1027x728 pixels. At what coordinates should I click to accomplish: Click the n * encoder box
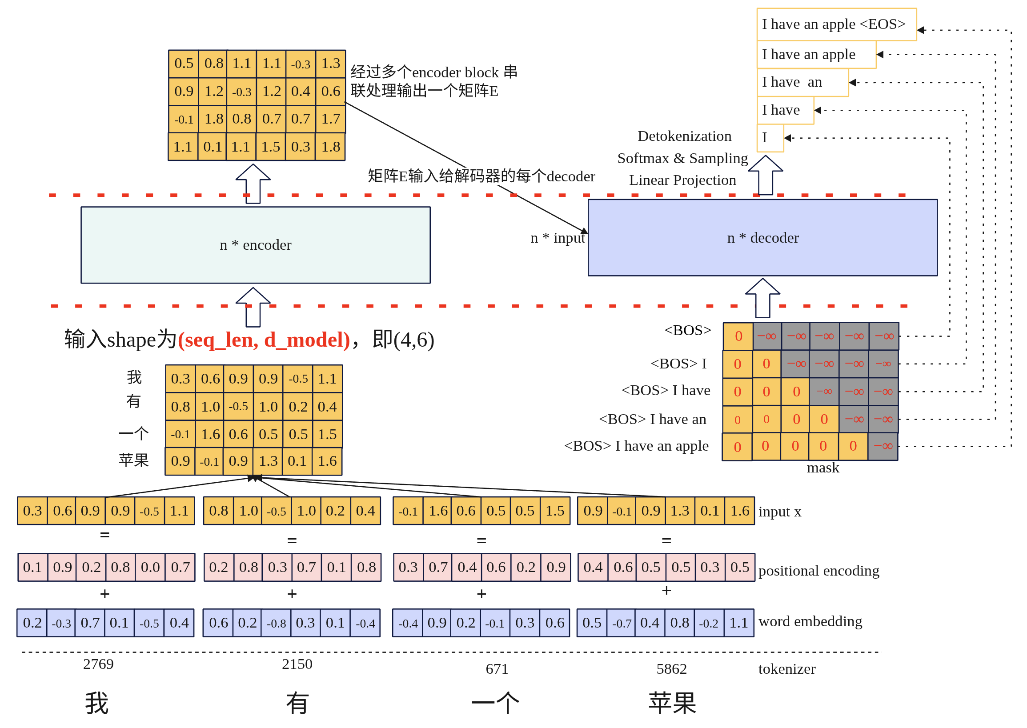[x=255, y=245]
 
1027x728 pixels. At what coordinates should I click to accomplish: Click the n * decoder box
[x=762, y=238]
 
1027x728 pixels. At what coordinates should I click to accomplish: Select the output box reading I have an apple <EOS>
[x=835, y=24]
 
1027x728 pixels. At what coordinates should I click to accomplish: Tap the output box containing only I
[x=769, y=138]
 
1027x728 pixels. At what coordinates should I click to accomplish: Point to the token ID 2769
[x=98, y=664]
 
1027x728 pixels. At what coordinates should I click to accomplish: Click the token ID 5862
[x=671, y=668]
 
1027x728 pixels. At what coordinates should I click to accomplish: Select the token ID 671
[x=497, y=668]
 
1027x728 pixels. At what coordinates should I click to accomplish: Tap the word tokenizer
[x=786, y=668]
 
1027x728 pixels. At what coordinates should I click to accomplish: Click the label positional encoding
[x=818, y=570]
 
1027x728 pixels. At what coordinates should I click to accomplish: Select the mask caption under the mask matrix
[x=822, y=468]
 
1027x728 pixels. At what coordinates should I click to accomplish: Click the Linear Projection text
[x=682, y=180]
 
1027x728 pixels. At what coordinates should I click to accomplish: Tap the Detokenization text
[x=684, y=136]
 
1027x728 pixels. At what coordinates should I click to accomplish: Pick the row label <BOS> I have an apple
[x=636, y=446]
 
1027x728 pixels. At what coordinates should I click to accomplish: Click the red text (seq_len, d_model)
[x=264, y=340]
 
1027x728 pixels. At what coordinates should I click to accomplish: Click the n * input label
[x=557, y=238]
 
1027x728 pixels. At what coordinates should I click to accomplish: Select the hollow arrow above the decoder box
[x=765, y=175]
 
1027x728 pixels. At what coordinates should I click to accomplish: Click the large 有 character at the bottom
[x=297, y=703]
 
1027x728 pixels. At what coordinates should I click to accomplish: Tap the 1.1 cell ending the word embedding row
[x=738, y=622]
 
